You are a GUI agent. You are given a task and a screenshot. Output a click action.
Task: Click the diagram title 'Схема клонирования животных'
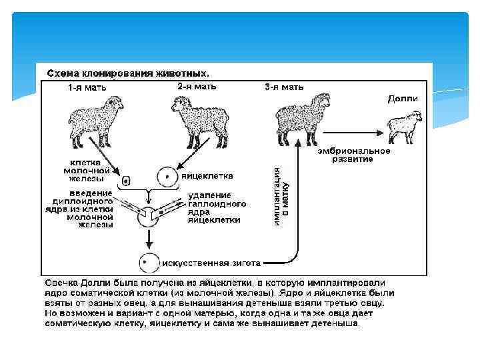(127, 72)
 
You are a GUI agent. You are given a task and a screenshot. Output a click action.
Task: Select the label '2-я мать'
(197, 86)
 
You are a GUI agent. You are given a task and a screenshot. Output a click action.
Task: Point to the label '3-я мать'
(284, 87)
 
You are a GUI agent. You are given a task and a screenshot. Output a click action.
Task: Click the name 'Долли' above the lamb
(403, 99)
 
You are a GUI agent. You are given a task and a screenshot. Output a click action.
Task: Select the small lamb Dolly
(404, 126)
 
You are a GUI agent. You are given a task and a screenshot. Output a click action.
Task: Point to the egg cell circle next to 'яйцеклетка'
(165, 177)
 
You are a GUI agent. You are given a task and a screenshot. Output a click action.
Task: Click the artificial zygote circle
(149, 262)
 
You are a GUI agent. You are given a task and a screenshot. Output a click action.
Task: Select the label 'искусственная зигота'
(212, 262)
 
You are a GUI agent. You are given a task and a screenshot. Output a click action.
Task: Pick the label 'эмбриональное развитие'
(353, 155)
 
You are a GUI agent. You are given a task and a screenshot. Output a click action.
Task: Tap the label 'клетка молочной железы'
(86, 170)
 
